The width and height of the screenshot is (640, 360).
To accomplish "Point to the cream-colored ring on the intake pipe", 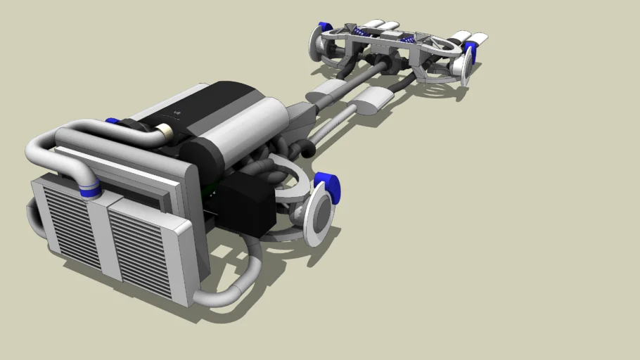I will (x=166, y=131).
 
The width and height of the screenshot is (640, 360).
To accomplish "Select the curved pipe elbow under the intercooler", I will (x=225, y=288).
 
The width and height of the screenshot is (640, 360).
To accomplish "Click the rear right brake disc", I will (x=465, y=67).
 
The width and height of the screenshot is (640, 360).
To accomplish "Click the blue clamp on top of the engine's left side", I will (x=112, y=121).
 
